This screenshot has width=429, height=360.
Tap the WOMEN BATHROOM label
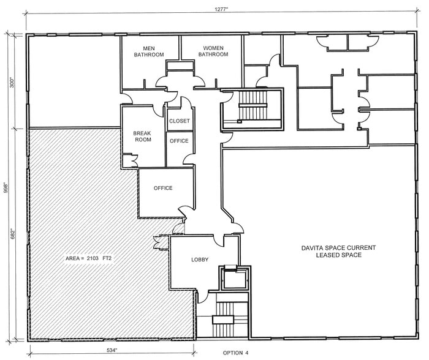(x=213, y=51)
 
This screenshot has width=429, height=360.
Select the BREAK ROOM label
(x=142, y=136)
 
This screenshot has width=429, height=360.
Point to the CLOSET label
(x=180, y=121)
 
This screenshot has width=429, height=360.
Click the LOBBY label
(x=200, y=260)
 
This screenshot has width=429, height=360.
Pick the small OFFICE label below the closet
(x=180, y=141)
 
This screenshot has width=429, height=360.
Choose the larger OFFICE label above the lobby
(x=163, y=188)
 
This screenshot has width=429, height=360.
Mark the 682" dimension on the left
(x=8, y=233)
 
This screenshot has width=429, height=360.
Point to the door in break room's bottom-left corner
(x=129, y=160)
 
